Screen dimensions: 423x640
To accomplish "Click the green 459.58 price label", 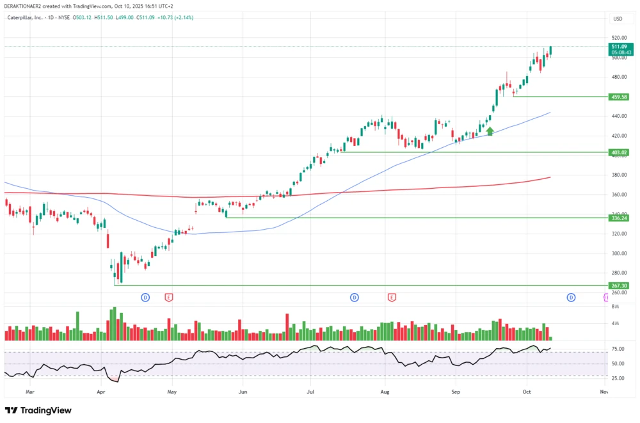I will (619, 97).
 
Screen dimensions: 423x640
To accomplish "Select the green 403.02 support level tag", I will (619, 152).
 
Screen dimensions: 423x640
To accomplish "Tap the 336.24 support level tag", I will (619, 218).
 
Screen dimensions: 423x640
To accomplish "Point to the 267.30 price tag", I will (619, 285).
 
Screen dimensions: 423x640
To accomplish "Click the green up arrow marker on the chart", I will (490, 131).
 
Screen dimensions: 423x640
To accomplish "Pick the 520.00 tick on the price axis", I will (618, 38).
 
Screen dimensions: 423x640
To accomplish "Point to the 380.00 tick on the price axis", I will (618, 175).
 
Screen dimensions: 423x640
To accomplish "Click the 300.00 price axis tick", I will (618, 253).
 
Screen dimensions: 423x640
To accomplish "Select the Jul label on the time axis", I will (310, 390).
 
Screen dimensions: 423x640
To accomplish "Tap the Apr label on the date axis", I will (100, 390).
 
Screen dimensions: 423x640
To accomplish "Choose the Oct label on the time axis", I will (526, 390).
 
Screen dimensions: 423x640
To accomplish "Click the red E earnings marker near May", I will (169, 298).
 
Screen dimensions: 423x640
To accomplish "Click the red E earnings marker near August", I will (391, 298).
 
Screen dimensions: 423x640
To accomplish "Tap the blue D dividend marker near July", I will (354, 298).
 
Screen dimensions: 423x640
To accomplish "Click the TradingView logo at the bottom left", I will (38, 410).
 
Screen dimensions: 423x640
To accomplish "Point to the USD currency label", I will (618, 19).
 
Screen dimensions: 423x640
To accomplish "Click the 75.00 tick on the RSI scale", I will (618, 349).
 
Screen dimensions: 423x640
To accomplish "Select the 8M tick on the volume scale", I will (615, 307).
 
